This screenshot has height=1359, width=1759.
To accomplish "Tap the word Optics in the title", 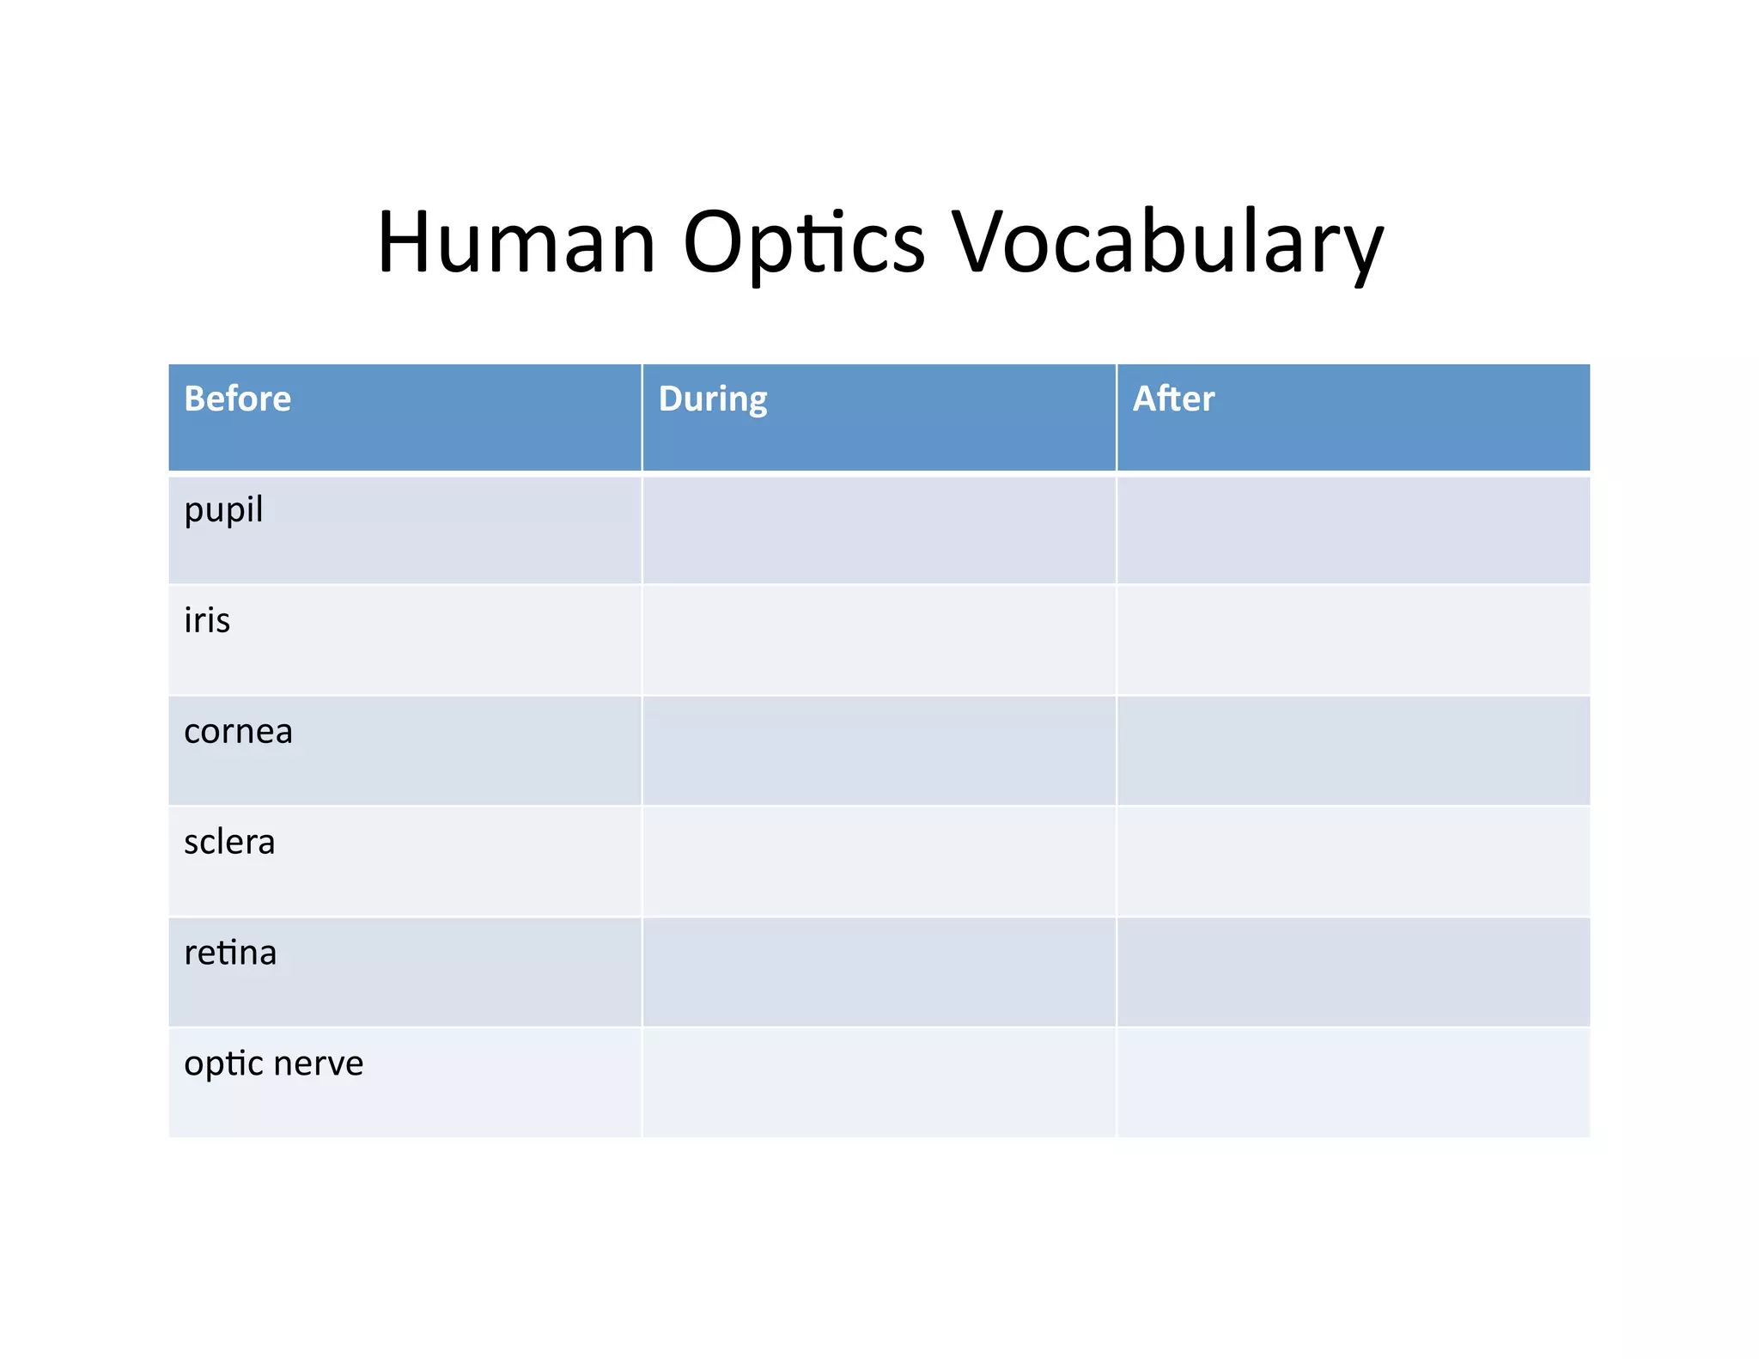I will [804, 244].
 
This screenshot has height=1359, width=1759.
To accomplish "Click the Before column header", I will [238, 399].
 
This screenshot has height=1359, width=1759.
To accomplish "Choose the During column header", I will [713, 399].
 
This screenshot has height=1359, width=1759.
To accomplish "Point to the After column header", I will [1173, 399].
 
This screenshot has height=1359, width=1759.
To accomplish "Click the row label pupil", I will [223, 511].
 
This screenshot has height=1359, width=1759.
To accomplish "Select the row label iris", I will [207, 620].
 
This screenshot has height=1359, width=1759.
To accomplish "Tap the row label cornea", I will [238, 731].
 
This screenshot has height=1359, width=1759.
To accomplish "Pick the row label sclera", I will [229, 842].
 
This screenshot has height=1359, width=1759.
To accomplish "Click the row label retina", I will [230, 953].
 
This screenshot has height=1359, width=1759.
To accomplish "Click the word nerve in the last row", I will [319, 1063].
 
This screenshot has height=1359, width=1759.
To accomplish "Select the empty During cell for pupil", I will [879, 530].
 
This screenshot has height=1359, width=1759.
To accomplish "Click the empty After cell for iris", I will [1353, 640].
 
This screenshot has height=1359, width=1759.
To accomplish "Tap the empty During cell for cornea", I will [879, 751].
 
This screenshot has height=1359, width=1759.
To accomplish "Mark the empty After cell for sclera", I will [1353, 862].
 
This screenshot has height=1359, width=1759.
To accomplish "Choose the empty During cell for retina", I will [879, 972].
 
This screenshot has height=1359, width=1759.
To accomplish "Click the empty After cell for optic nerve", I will [1353, 1082].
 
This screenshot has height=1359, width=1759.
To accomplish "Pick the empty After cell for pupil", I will [1353, 530].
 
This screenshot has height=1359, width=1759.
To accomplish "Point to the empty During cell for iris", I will [879, 640].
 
